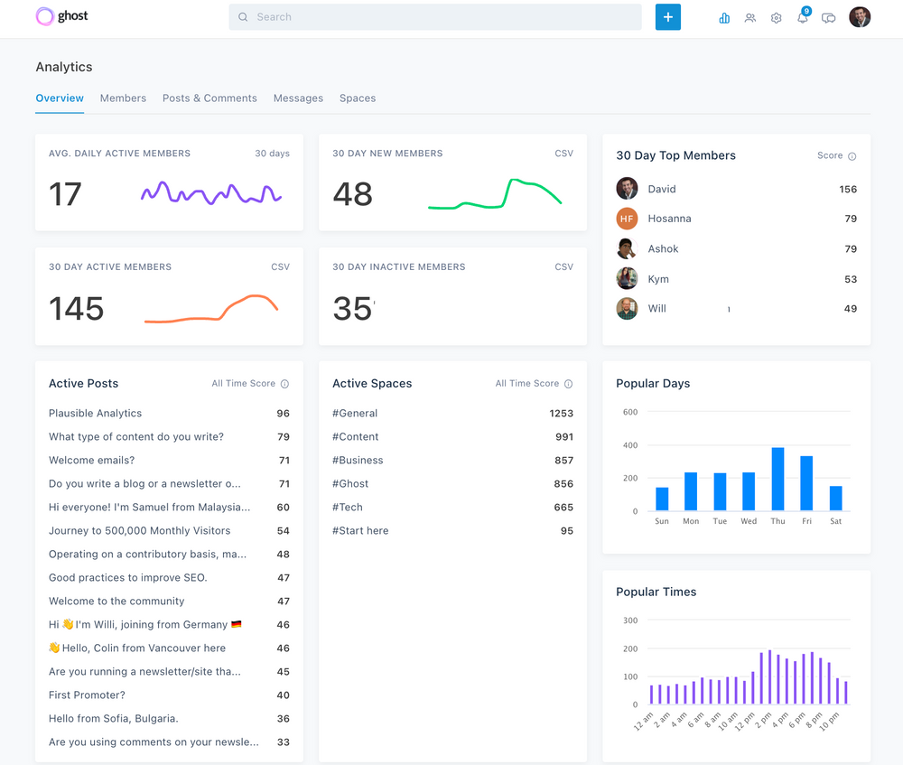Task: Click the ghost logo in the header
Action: point(61,16)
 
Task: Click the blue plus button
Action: point(667,17)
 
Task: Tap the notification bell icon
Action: point(802,18)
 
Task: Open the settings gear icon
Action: point(776,18)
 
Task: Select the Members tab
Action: point(123,98)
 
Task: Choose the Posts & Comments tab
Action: point(209,98)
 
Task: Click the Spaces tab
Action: point(358,98)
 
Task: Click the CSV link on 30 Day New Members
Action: point(563,154)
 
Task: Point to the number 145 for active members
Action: point(76,309)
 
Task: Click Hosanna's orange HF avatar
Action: point(627,219)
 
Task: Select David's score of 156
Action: point(847,189)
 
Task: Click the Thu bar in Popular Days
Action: point(777,479)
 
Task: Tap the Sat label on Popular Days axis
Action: point(835,521)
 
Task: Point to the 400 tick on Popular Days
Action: point(629,445)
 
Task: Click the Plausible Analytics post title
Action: point(95,413)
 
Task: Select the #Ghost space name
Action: point(350,483)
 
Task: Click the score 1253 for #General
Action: point(561,413)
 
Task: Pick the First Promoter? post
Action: point(87,695)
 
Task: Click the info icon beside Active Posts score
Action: point(284,384)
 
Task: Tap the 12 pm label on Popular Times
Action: point(744,721)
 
